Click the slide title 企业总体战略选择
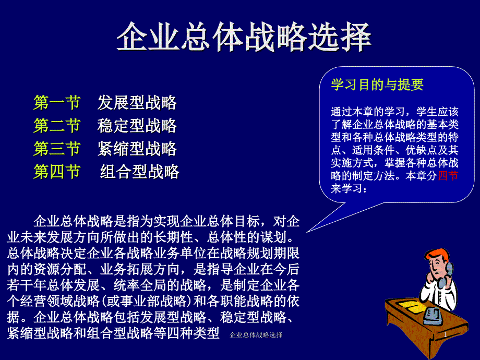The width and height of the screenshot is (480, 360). point(244,37)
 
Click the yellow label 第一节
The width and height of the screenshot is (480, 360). point(57,103)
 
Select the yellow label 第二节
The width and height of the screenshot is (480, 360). point(57,126)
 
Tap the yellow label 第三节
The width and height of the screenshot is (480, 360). point(57,149)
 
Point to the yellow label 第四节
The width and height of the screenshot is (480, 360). point(57,172)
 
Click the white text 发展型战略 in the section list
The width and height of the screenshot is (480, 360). point(137,103)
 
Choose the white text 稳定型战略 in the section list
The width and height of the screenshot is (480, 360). point(137,126)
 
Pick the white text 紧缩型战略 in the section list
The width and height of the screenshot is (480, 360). point(137,149)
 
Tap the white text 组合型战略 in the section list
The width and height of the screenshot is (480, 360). point(140,172)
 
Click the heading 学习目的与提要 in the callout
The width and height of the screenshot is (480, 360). point(377,85)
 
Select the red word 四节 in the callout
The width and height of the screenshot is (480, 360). point(448,176)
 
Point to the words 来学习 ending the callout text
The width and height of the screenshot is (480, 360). point(346,188)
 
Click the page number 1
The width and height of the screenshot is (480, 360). point(445,335)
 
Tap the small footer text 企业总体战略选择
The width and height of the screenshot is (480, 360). point(256,335)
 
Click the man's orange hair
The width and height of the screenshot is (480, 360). point(436,255)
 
